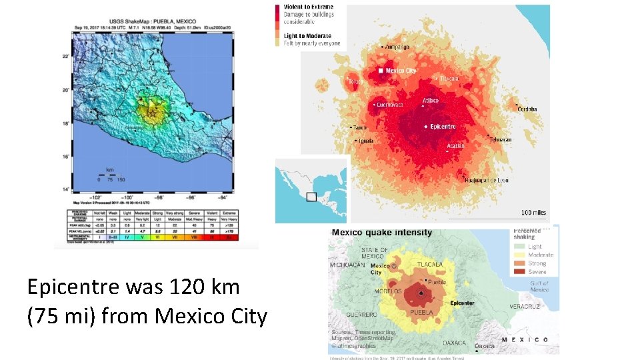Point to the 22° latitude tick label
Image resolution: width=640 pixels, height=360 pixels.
[x=65, y=57]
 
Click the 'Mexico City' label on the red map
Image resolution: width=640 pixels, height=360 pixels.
[x=401, y=71]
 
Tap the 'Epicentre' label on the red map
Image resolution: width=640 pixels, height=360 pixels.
[x=443, y=127]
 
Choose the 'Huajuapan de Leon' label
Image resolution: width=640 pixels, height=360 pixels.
[x=487, y=180]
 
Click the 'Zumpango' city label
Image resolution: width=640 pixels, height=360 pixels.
[x=397, y=47]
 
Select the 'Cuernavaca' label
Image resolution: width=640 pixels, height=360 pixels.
[x=390, y=105]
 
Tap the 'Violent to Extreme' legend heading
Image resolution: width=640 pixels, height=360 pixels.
[x=309, y=7]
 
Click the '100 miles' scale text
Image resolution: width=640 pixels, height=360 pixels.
[x=533, y=213]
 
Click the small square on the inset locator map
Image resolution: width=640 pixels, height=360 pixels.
[x=311, y=197]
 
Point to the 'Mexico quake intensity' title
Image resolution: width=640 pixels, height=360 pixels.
[x=382, y=233]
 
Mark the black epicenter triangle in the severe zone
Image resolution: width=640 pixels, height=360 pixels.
[x=421, y=293]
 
